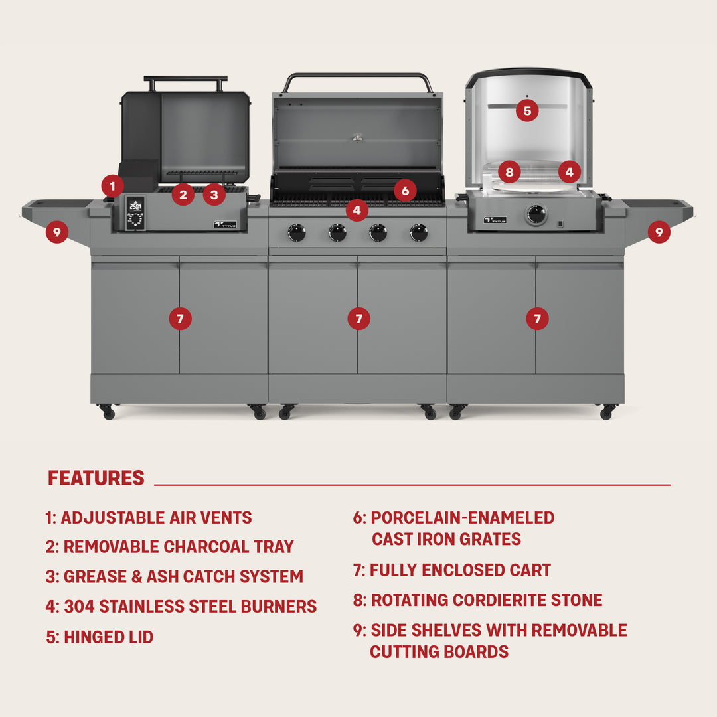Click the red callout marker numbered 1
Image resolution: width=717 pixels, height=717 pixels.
tap(113, 185)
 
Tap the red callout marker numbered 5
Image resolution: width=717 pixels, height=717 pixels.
tap(527, 110)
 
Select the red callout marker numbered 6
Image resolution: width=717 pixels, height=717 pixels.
tap(405, 191)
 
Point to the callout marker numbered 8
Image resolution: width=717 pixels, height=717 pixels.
tap(509, 173)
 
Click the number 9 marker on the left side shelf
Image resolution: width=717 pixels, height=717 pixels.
tap(57, 232)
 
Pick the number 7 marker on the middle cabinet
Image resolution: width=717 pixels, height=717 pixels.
tap(358, 319)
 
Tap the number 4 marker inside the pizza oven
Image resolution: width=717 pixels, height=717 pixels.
tap(569, 172)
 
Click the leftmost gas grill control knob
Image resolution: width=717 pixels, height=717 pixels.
tap(297, 232)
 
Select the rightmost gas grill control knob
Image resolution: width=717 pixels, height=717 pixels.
tap(419, 232)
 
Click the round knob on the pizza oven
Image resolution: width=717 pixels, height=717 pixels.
tap(536, 214)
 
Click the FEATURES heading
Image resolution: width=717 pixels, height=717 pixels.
tap(96, 478)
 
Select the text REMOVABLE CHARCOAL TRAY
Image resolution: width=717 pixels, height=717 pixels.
tap(179, 547)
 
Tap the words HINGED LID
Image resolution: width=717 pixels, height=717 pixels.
tap(108, 637)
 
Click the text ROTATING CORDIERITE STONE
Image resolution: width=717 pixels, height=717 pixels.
tap(486, 600)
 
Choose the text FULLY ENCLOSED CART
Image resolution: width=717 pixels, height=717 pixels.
tap(460, 570)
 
